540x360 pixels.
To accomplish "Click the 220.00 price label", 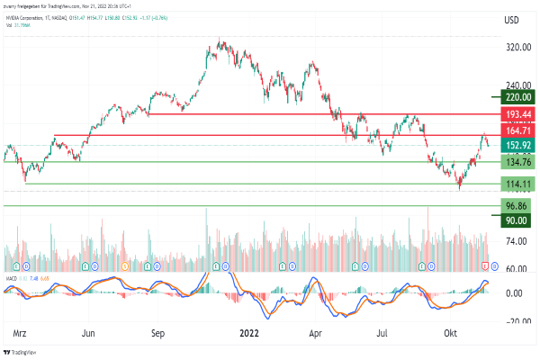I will [516, 96].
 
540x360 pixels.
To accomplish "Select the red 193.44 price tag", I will [516, 115].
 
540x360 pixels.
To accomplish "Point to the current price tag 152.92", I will [516, 146].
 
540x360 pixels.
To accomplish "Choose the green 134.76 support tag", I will [516, 162].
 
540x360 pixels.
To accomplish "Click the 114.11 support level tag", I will [516, 184].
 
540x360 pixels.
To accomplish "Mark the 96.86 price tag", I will [516, 206].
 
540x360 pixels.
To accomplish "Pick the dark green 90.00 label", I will [516, 220].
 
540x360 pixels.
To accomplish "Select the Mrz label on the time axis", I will [20, 333].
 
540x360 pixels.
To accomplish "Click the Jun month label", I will [88, 333].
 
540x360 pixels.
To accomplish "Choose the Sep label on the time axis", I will [157, 333].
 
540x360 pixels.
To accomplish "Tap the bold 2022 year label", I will [249, 333].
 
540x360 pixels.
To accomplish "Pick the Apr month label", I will [316, 333].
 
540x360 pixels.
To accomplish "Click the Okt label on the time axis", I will [452, 333].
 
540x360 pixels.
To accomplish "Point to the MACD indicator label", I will [12, 279].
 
